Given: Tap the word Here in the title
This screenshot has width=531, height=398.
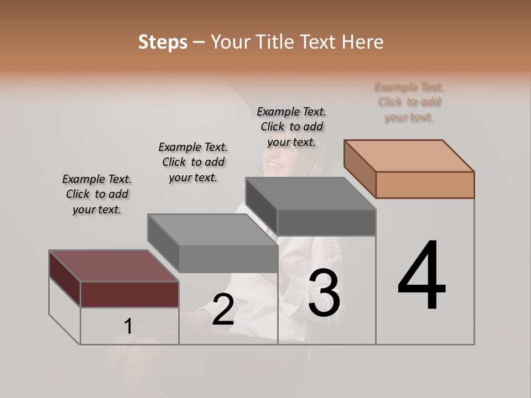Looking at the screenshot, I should pyautogui.click(x=362, y=42).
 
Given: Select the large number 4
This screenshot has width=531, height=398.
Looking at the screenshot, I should pyautogui.click(x=422, y=276).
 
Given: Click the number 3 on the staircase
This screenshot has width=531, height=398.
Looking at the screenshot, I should pyautogui.click(x=324, y=294).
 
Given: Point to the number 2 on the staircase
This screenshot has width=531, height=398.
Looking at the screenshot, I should pyautogui.click(x=223, y=310).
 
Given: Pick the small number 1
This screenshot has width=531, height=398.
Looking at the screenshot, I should pyautogui.click(x=128, y=327).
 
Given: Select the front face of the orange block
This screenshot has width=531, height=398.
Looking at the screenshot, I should pyautogui.click(x=425, y=185).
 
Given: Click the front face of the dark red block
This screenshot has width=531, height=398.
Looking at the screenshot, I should pyautogui.click(x=129, y=294).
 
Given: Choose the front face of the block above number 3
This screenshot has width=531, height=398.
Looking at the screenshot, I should pyautogui.click(x=326, y=222).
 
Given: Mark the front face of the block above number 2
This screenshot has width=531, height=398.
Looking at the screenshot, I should pyautogui.click(x=228, y=258).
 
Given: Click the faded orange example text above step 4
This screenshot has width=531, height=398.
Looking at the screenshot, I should pyautogui.click(x=409, y=102).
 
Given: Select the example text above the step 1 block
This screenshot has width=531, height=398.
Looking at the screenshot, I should pyautogui.click(x=97, y=194).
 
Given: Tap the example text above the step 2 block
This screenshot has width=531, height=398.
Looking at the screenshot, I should pyautogui.click(x=193, y=162).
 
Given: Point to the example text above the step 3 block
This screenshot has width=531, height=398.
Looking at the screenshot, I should pyautogui.click(x=291, y=127).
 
